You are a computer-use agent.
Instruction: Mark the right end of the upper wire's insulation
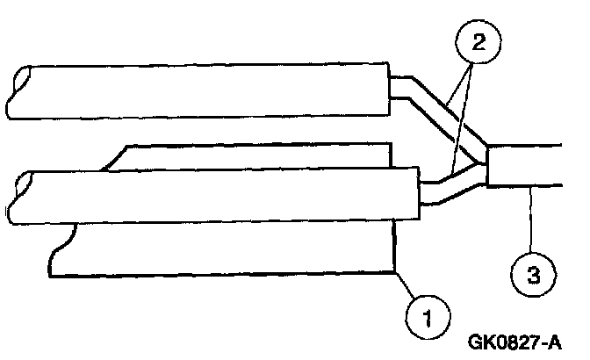click(x=388, y=89)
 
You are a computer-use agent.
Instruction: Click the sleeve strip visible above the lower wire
click(x=255, y=157)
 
